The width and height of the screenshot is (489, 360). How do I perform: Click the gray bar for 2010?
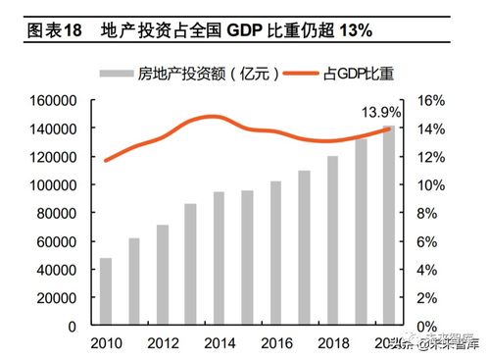pyautogui.click(x=106, y=291)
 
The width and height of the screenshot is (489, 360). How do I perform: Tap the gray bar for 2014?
pyautogui.click(x=219, y=258)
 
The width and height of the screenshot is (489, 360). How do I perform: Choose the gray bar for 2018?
pyautogui.click(x=332, y=240)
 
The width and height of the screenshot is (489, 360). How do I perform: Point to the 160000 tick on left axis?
pyautogui.click(x=56, y=101)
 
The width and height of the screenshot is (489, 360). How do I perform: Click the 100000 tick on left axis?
pyautogui.click(x=56, y=185)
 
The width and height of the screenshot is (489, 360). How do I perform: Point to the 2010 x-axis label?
pyautogui.click(x=106, y=342)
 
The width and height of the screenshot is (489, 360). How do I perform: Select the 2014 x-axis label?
pyautogui.click(x=219, y=342)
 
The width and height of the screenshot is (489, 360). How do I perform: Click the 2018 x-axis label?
pyautogui.click(x=332, y=342)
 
